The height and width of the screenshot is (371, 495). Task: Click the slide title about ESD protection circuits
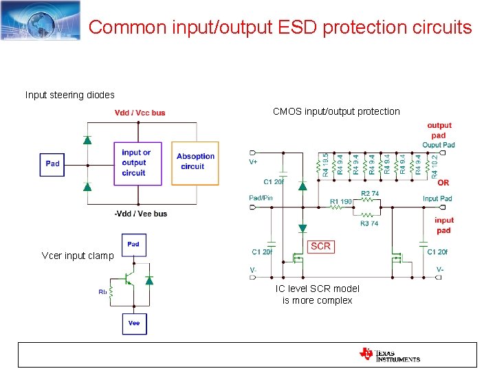280,27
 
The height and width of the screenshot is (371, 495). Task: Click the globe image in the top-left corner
40,21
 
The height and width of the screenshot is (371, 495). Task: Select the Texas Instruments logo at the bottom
389,355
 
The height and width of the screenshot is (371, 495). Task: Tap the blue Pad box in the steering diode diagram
53,164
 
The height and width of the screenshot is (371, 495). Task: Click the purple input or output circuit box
137,163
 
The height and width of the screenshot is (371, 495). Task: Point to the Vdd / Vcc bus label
140,113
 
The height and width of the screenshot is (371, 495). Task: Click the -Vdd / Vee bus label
140,214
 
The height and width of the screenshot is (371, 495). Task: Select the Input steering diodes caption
70,95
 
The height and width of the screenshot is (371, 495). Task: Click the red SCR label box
320,246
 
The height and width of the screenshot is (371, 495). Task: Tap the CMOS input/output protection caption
336,111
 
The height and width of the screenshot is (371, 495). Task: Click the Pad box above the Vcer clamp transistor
133,244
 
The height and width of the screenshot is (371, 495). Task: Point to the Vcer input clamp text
78,256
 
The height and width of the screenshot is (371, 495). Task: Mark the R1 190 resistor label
341,201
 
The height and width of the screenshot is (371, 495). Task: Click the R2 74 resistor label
370,194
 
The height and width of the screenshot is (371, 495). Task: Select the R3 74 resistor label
369,223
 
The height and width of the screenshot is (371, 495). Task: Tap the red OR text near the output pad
443,183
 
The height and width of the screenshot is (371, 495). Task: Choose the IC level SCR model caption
317,295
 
